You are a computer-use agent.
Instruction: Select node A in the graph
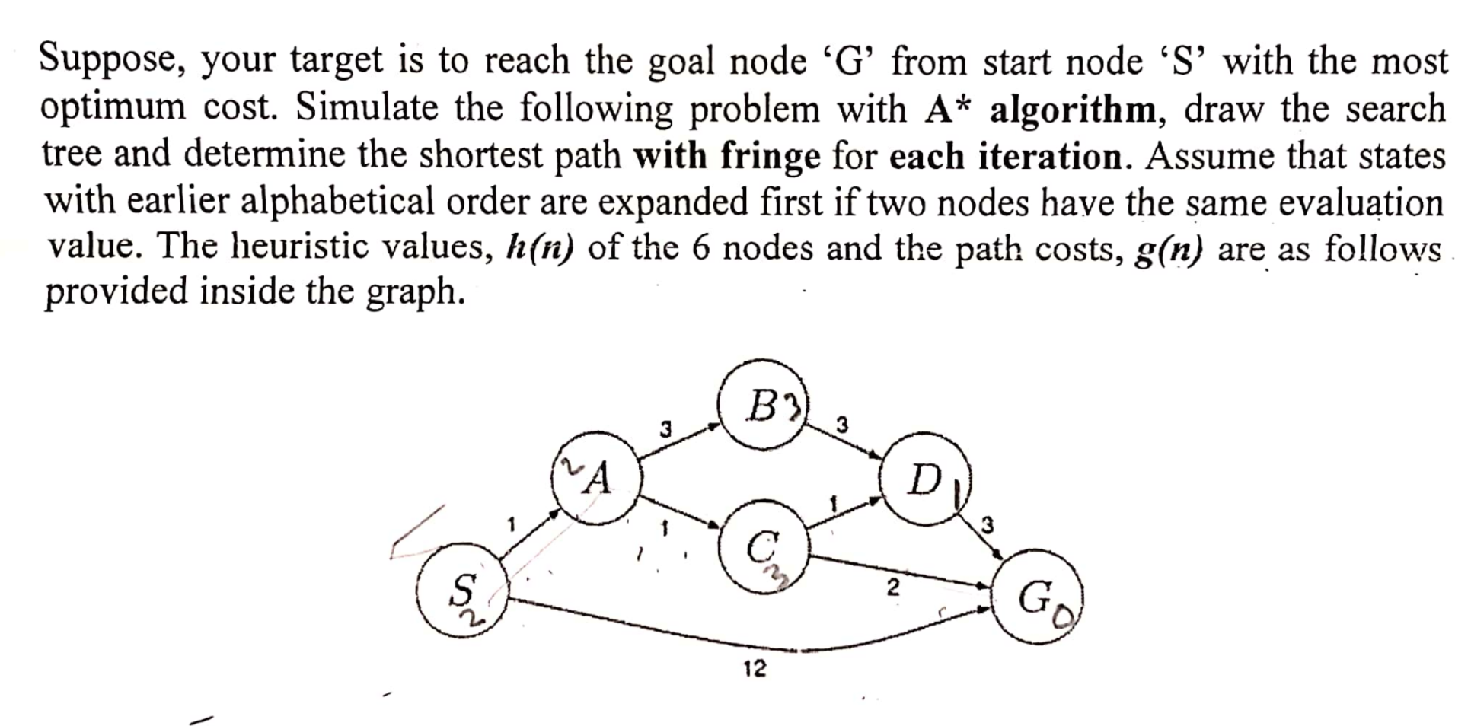(597, 479)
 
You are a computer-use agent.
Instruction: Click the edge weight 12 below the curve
(755, 669)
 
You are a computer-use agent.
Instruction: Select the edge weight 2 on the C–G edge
(893, 587)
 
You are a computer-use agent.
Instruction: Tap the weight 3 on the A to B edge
(665, 428)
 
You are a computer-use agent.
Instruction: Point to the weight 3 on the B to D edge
(841, 424)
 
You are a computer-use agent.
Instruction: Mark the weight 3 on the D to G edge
(988, 524)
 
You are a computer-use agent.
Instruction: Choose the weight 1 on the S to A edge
(512, 524)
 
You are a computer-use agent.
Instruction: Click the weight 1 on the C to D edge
(834, 503)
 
